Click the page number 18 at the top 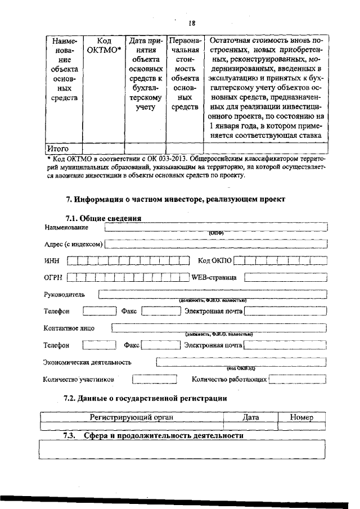tap(192, 23)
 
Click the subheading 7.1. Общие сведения tap(103, 218)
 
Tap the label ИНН tap(51, 260)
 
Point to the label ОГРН tap(52, 277)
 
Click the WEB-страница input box tap(285, 277)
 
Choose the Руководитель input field tap(212, 294)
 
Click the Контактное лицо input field tap(218, 328)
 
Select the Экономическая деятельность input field tap(240, 362)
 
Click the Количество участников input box tap(147, 380)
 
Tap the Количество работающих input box tap(298, 380)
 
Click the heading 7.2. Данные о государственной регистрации tap(145, 399)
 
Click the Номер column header tap(301, 417)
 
